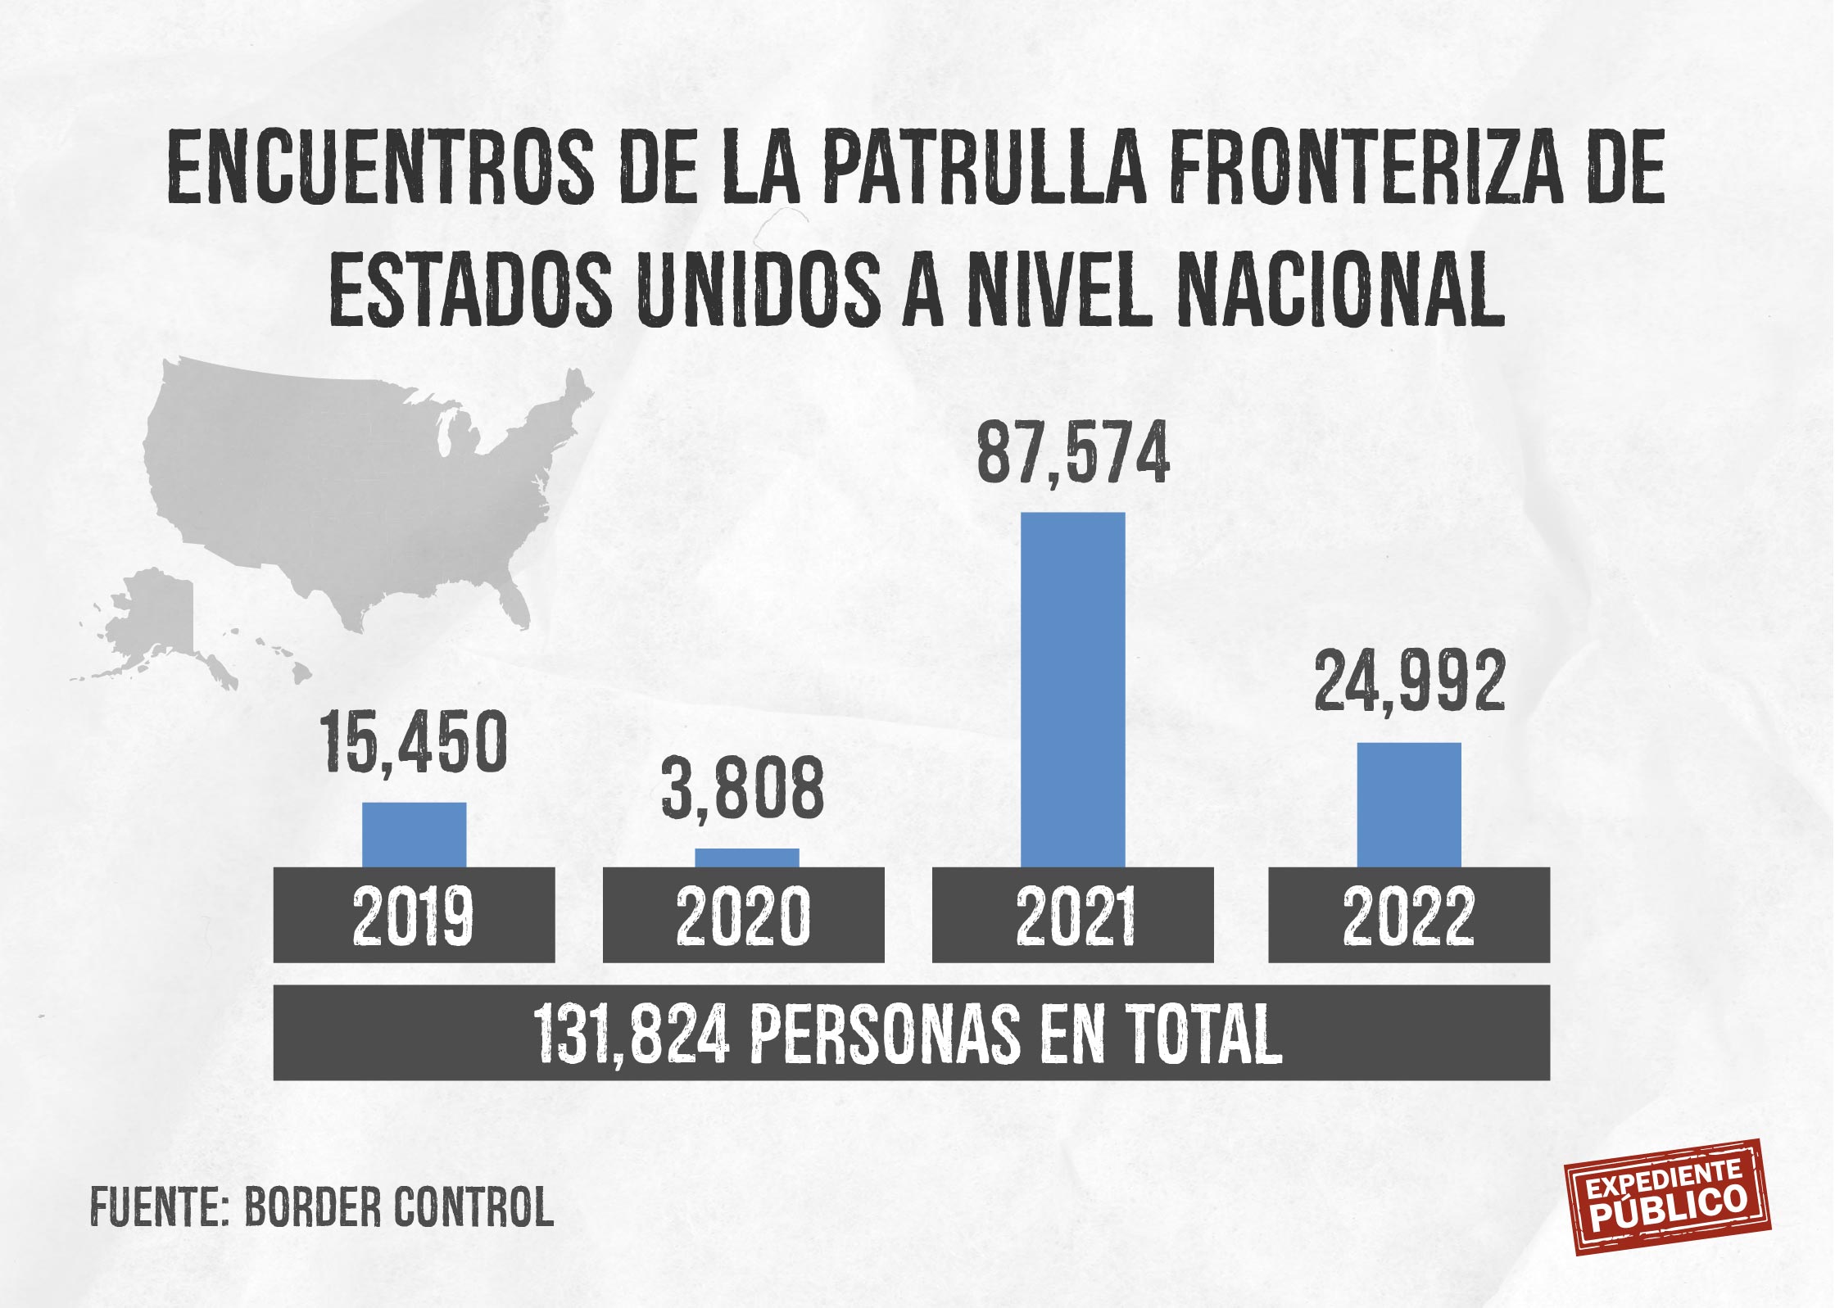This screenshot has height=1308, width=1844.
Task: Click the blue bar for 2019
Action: pyautogui.click(x=415, y=834)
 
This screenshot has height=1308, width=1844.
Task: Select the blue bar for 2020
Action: pyautogui.click(x=747, y=857)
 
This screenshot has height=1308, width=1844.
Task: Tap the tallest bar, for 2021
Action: pyautogui.click(x=1073, y=690)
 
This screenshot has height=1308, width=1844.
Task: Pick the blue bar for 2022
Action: pyautogui.click(x=1409, y=804)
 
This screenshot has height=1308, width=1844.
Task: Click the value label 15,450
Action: pyautogui.click(x=415, y=742)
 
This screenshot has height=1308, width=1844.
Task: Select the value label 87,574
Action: pyautogui.click(x=1073, y=453)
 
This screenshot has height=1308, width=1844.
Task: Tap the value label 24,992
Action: pyautogui.click(x=1410, y=681)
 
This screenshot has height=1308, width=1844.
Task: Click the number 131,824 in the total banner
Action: pyautogui.click(x=631, y=1034)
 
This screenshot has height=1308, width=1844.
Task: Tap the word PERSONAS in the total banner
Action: pyautogui.click(x=885, y=1034)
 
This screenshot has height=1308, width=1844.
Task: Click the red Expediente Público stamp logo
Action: pyautogui.click(x=1667, y=1209)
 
